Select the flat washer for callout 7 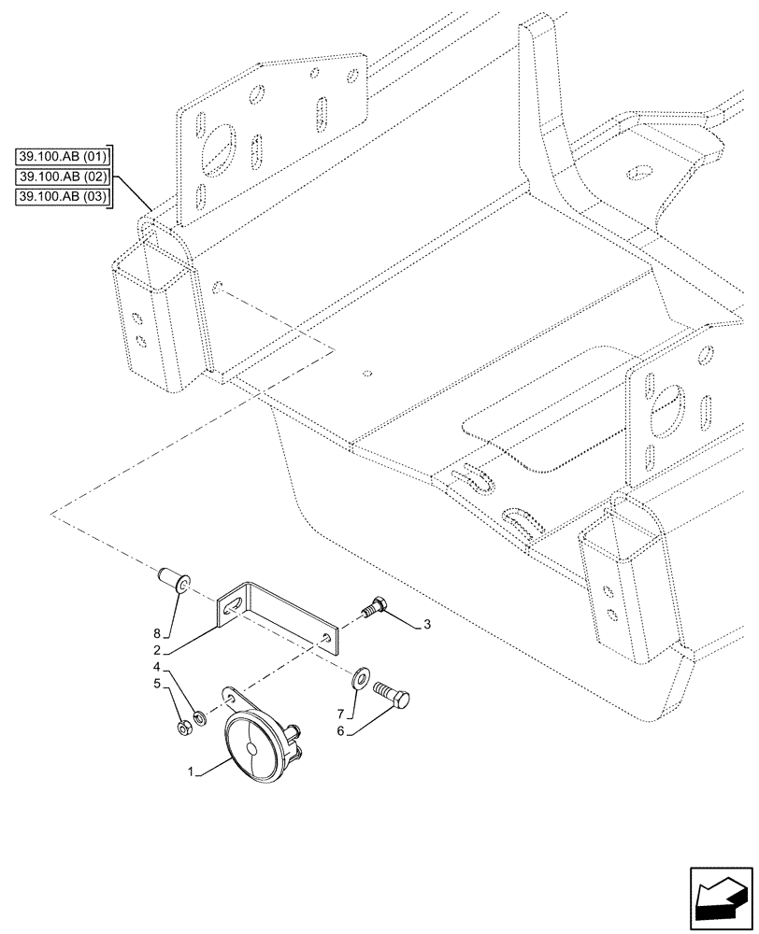(362, 676)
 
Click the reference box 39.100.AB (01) (63, 156)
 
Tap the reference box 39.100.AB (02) (63, 177)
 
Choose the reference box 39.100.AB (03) (63, 197)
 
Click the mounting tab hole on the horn (230, 697)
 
